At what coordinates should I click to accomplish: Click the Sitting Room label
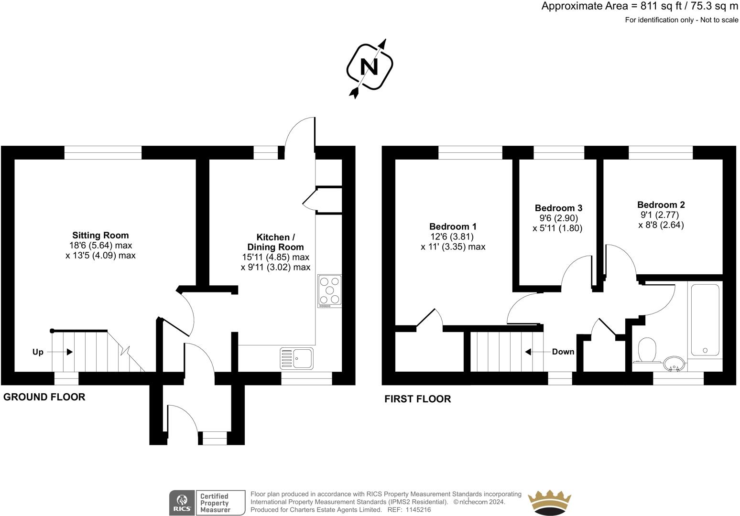click(100, 236)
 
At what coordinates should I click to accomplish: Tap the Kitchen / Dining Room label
click(275, 242)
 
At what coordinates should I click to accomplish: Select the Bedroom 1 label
click(453, 226)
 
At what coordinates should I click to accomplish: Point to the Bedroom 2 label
click(661, 204)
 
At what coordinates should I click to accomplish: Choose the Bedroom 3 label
click(558, 208)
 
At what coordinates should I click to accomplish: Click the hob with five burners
click(329, 291)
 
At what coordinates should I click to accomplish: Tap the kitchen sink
click(296, 358)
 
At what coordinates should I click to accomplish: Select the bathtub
click(705, 320)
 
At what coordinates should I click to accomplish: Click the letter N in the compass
click(369, 67)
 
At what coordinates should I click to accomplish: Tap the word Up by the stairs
click(38, 352)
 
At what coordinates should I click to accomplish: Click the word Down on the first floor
click(563, 352)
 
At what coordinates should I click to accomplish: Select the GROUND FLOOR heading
click(44, 397)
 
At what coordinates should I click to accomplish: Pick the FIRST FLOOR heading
click(418, 399)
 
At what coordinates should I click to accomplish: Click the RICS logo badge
click(182, 503)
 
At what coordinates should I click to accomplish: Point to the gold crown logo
click(549, 502)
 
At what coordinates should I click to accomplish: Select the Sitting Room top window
click(103, 152)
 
